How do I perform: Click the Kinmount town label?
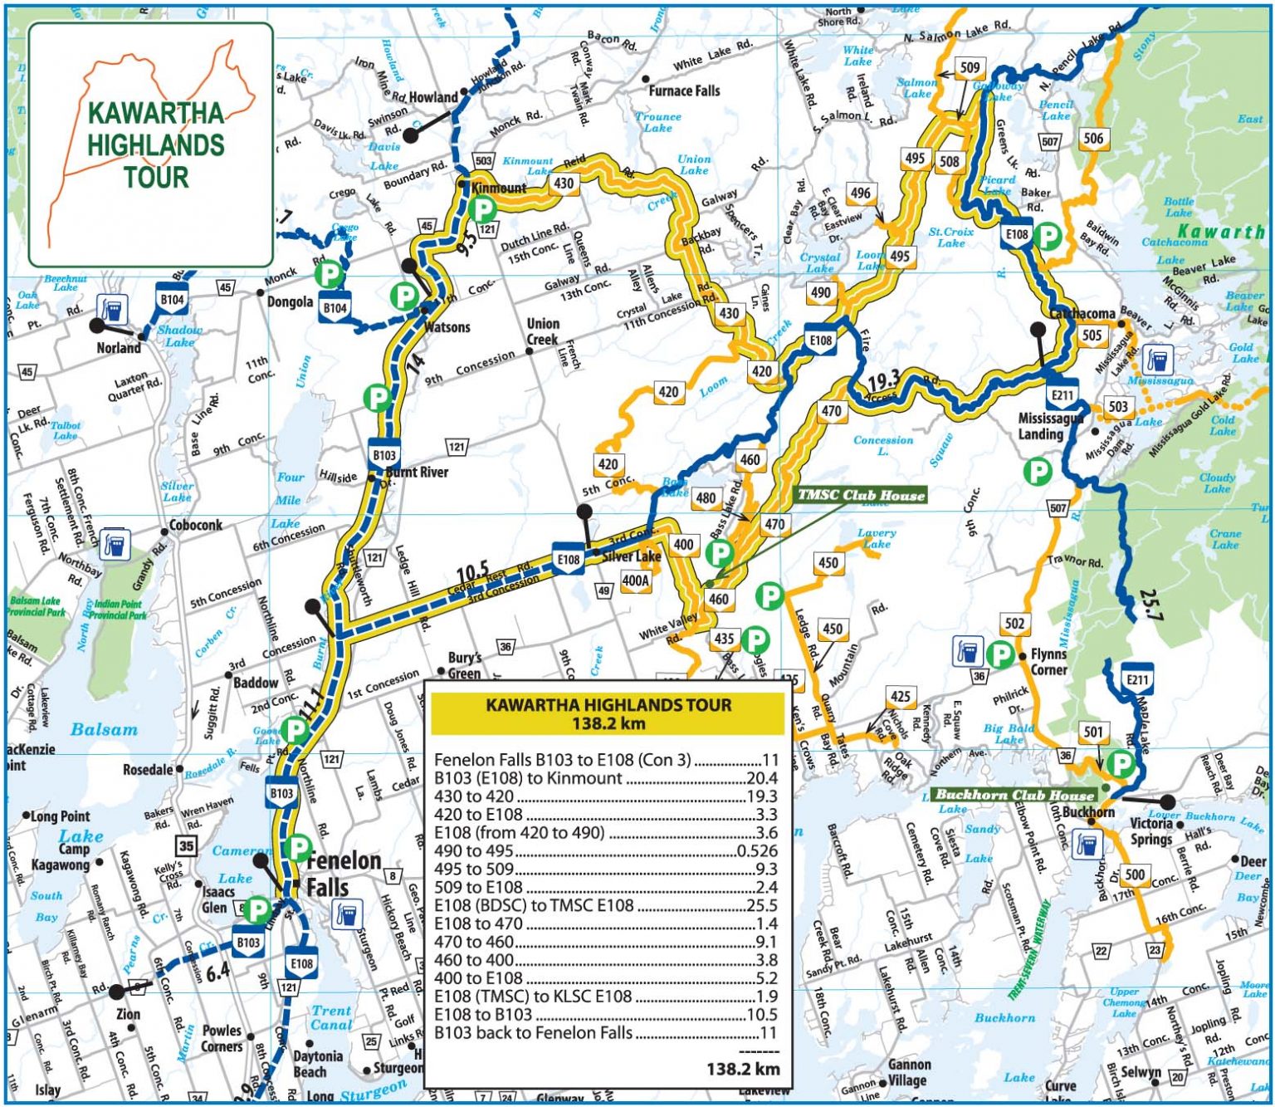point(499,188)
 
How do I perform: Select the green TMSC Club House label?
point(861,496)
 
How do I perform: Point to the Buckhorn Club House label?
point(1015,795)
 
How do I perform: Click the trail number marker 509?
point(970,67)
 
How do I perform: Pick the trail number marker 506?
point(1093,138)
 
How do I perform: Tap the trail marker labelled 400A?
point(635,580)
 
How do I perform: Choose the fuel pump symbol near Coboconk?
point(116,544)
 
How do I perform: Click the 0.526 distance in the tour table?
point(756,850)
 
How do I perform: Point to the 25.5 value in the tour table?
point(761,905)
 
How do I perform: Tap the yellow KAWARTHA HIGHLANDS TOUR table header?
point(608,713)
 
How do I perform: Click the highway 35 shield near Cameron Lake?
point(186,846)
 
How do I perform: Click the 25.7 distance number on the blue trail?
point(1152,605)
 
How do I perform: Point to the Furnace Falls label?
point(684,91)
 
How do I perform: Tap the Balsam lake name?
point(104,729)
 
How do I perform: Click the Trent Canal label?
point(331,1018)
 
